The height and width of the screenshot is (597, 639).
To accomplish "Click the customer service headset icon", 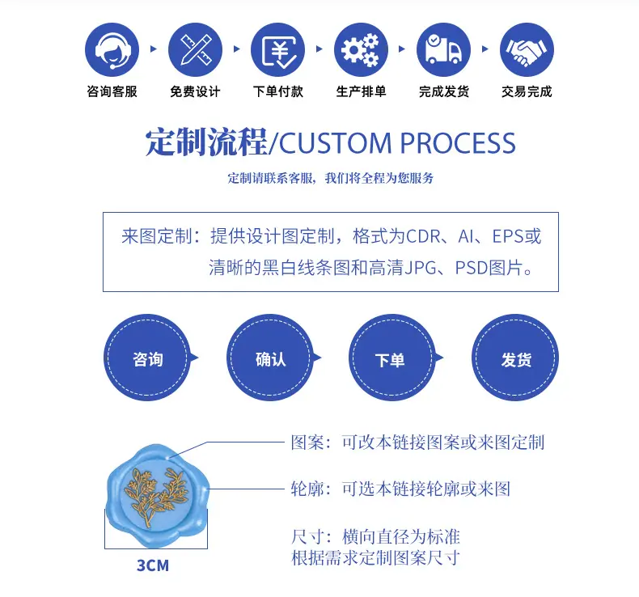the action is coord(112,49).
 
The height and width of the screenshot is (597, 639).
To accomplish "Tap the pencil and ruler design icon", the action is coord(195,49).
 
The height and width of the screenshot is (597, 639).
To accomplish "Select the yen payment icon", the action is coord(278,49).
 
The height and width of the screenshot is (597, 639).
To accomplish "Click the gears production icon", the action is coord(361,49).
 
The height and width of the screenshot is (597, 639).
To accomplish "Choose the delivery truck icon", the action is coord(444,49).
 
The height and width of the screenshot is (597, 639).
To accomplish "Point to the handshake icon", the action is coord(527,49).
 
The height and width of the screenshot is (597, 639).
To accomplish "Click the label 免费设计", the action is coord(195,91).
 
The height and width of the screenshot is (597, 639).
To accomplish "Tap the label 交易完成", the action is coord(527,91).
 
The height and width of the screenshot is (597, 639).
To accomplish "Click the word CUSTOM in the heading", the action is coord(335,143).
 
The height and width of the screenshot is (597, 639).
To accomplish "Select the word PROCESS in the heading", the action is coord(458,143).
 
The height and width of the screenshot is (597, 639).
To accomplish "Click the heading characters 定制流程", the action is coord(206,142).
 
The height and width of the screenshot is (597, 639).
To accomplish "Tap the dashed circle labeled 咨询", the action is coord(147,358).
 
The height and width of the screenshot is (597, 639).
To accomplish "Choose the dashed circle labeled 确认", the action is coord(270,358).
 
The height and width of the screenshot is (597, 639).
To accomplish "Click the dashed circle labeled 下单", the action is coord(392,358).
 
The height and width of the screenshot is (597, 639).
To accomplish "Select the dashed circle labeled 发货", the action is coord(515,358).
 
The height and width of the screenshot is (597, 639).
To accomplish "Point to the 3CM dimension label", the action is coord(153,565).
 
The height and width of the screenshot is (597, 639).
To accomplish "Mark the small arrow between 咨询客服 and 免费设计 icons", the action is coord(154,49).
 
